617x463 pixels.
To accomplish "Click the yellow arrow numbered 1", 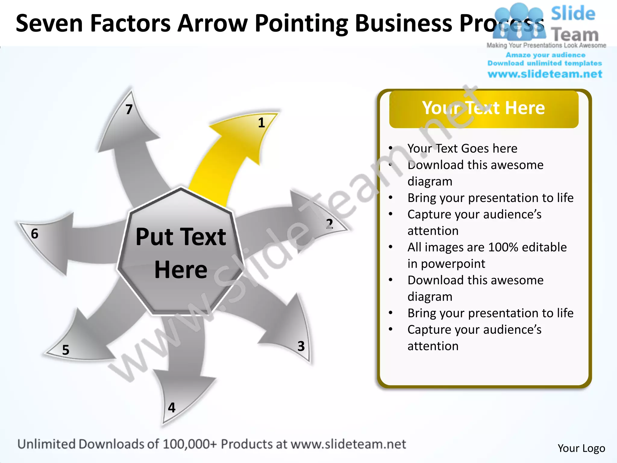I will point(229,157).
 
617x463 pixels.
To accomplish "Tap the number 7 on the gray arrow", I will point(129,109).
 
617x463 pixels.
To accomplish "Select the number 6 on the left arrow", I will point(35,234).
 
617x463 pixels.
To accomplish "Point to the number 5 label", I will point(66,350).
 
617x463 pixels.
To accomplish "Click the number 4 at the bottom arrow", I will point(172,408).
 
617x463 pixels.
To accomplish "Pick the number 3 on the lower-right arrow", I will point(301,346).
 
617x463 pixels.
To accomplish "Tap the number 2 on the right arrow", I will point(329,224).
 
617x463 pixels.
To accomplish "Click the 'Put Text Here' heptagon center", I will point(181,253).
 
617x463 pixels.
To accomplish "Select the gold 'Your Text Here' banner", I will point(484,109).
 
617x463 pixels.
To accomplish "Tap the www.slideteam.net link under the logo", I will point(545,74).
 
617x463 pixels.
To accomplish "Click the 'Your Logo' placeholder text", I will point(581,448).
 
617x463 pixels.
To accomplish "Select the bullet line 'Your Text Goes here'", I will point(462,148).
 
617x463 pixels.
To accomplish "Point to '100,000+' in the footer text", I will point(190,444).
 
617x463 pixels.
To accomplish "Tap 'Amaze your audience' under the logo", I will point(545,55).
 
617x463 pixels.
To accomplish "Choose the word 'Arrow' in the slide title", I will point(212,24).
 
